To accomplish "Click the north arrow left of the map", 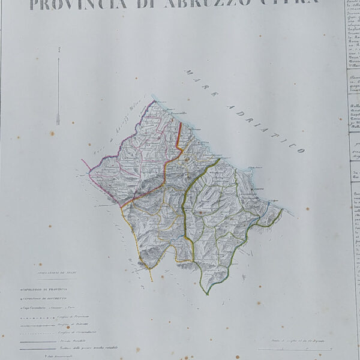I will [x=58, y=90].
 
